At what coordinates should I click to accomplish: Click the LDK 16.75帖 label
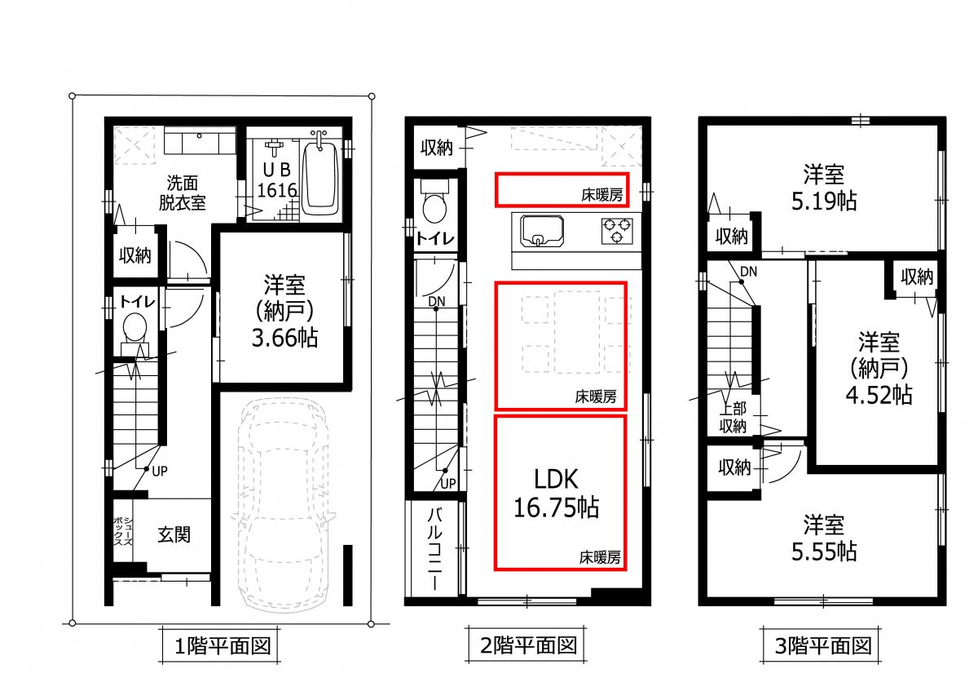click(556, 494)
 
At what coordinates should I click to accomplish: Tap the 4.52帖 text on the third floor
click(878, 396)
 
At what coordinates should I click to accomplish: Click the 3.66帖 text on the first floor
click(284, 338)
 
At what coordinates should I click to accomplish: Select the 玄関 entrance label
click(174, 535)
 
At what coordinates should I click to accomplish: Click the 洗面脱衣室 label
click(183, 193)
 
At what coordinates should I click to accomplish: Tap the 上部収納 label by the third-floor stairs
click(732, 418)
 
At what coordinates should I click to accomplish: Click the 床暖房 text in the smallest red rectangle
click(601, 196)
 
